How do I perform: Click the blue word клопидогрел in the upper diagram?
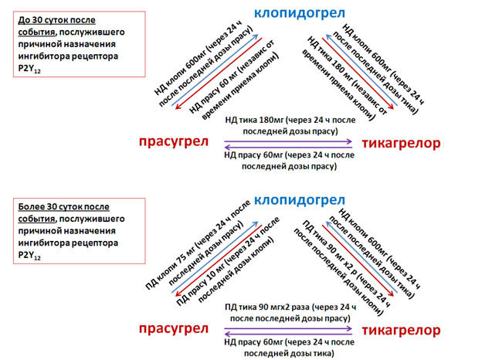[300, 13]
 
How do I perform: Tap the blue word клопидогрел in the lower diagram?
[300, 200]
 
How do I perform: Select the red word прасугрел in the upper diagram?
[174, 141]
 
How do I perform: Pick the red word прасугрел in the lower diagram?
[174, 328]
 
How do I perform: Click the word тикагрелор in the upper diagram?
[401, 143]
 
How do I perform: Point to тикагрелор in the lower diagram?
[401, 331]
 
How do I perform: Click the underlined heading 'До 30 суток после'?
[56, 20]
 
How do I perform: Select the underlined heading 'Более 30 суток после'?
[64, 206]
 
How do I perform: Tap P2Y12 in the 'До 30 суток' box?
[29, 69]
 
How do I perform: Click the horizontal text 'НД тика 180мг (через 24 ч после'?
[290, 120]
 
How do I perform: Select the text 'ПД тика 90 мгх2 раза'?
[267, 307]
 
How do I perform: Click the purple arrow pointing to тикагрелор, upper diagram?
[288, 141]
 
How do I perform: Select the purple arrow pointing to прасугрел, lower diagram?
[288, 334]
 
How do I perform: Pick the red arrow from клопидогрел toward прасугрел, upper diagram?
[219, 73]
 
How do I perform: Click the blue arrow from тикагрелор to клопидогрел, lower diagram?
[362, 257]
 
